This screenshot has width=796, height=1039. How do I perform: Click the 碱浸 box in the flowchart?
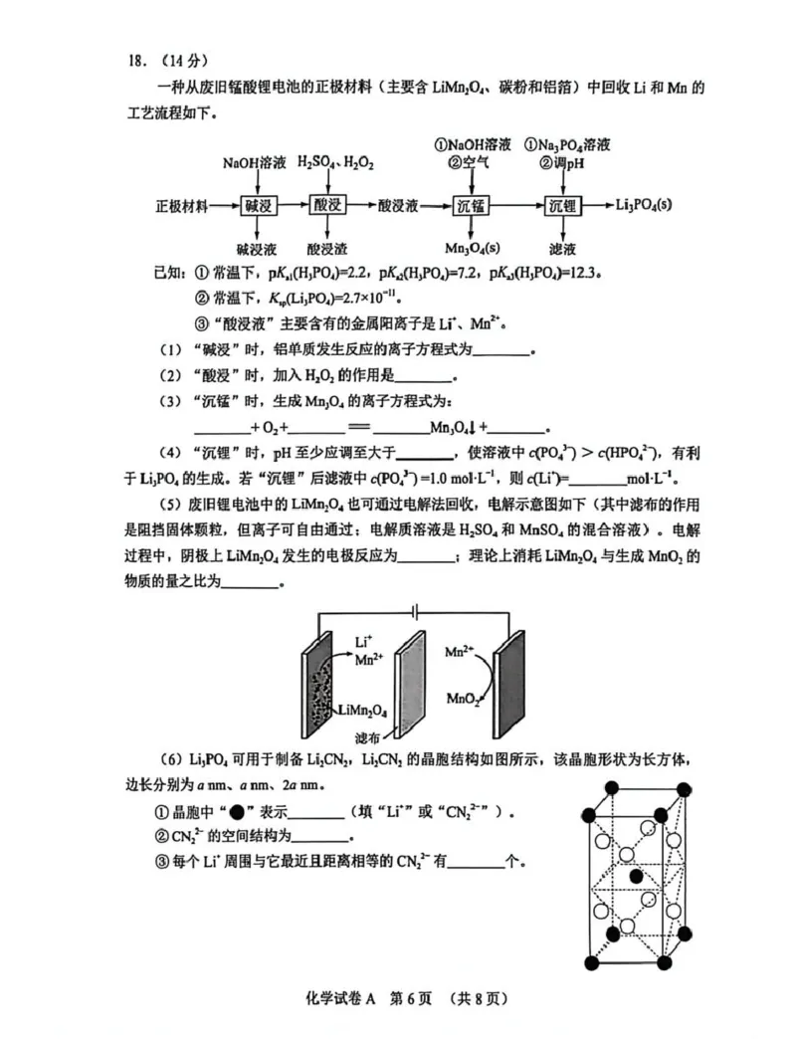pos(259,205)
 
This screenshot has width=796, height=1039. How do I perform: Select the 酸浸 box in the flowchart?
pos(327,205)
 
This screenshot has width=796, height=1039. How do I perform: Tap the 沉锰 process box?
pos(471,205)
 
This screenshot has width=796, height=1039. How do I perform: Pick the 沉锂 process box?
pos(563,205)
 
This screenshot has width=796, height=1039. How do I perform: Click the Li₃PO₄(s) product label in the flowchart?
pos(644,205)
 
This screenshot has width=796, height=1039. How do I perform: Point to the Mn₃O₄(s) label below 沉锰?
pos(473,249)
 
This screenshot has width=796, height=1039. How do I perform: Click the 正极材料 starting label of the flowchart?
pos(181,206)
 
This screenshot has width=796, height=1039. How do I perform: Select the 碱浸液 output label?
pos(257,249)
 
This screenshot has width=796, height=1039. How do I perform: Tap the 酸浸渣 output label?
pos(327,249)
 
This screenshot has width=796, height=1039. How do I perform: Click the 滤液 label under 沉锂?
pos(562,249)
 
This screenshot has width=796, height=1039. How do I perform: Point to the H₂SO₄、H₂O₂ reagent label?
pos(335,162)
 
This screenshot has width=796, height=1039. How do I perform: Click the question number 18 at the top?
pos(137,61)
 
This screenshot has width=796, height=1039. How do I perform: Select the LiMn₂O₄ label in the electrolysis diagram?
pos(362,711)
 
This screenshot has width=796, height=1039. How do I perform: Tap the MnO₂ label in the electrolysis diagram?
pos(463,699)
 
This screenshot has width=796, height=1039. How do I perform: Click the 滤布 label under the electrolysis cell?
pos(367,737)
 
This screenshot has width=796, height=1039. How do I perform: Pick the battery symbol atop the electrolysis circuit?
pos(415,610)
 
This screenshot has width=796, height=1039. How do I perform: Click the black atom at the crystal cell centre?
pos(636,876)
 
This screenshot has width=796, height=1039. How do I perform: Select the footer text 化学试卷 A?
pos(340,998)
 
